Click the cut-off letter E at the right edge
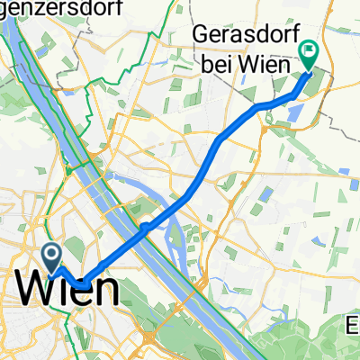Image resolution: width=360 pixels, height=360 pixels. [x=354, y=323]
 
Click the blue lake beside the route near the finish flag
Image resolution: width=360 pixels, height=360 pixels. [x=292, y=112]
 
